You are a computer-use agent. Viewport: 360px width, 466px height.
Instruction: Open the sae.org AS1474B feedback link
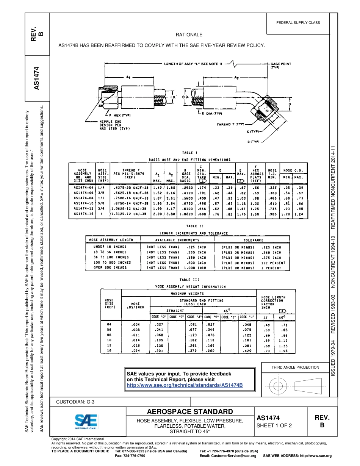tap(184, 385)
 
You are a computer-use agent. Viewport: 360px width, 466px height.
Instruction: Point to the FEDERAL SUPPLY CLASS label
tap(298, 23)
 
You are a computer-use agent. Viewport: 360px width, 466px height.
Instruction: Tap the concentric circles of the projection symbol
tap(278, 386)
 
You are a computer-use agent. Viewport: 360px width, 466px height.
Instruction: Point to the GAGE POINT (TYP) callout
tap(281, 66)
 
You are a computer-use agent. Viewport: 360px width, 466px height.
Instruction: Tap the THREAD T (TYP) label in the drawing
tap(230, 124)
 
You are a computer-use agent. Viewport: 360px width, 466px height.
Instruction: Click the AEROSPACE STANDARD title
tap(190, 412)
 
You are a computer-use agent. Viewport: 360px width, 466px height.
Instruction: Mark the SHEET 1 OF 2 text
tap(274, 425)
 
